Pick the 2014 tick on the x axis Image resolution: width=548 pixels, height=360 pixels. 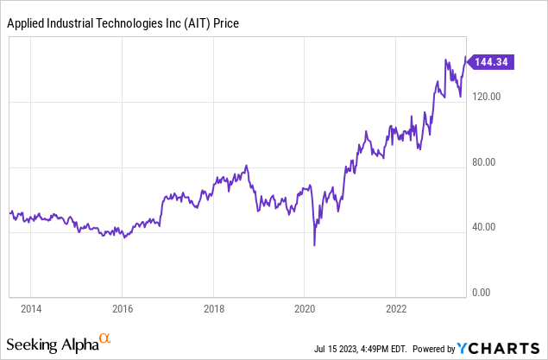(x=31, y=308)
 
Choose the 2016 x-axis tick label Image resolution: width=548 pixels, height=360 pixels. (x=123, y=308)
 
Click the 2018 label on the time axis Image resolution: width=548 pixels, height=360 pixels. (x=214, y=308)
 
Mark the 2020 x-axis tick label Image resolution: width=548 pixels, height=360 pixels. (x=305, y=308)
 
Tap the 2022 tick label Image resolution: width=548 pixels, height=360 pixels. (x=396, y=308)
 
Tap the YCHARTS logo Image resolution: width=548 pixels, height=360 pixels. (x=501, y=349)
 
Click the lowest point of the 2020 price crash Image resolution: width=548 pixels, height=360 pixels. (x=314, y=245)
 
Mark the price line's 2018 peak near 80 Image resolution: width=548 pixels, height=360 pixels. (x=248, y=166)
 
